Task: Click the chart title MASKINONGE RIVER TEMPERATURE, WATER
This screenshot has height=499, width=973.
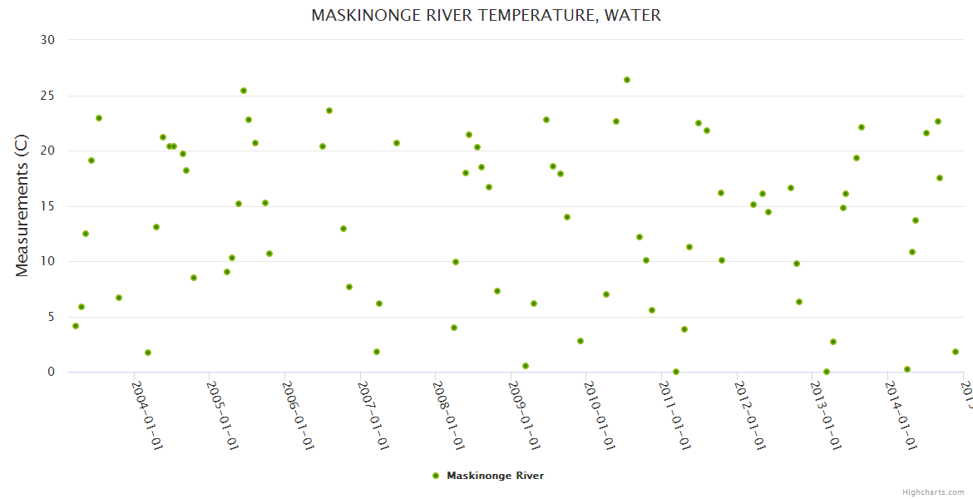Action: click(486, 15)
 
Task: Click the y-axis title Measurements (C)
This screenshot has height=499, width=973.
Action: click(22, 206)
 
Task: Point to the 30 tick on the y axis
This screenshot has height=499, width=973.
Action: click(48, 40)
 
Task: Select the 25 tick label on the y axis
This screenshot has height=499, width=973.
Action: click(48, 96)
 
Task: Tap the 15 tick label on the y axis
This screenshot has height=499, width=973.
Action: click(48, 206)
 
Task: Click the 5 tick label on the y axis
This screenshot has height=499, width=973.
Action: click(52, 317)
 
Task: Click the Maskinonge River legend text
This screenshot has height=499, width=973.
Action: click(495, 476)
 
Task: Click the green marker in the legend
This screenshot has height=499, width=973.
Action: click(435, 476)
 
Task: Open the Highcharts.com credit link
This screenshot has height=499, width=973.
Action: click(933, 492)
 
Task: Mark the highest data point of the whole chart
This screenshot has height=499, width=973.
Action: click(627, 80)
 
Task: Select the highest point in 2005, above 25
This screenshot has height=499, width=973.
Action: click(244, 91)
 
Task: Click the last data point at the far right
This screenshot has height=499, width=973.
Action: click(956, 352)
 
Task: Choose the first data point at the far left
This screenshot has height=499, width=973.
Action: click(76, 326)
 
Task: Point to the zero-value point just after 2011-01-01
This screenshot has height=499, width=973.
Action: click(676, 372)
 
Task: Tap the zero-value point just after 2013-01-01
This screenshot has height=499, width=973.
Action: click(827, 372)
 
